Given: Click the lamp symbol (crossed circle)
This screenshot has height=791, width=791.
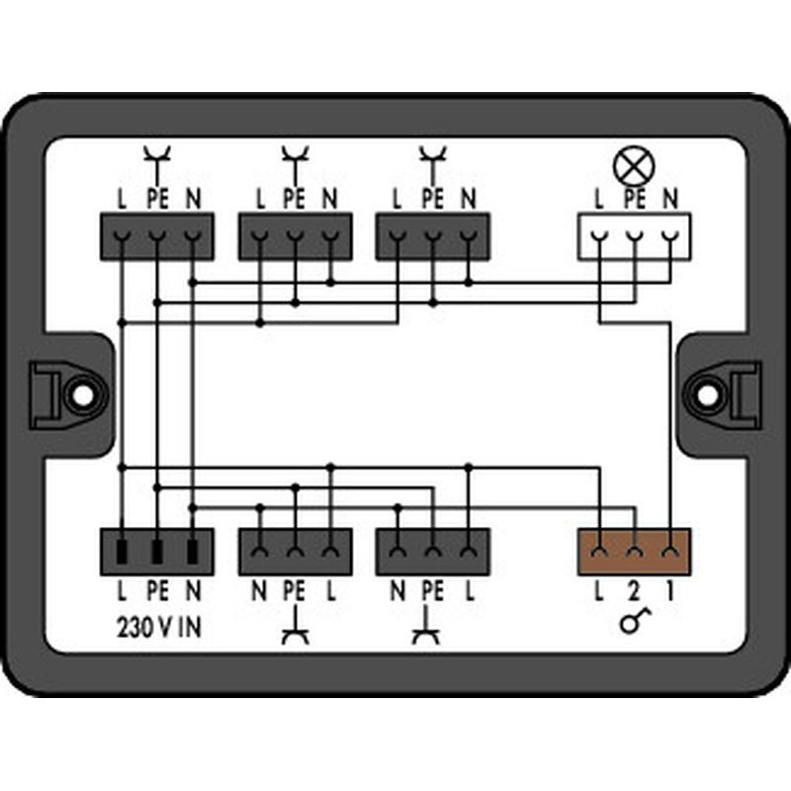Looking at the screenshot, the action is coord(634,166).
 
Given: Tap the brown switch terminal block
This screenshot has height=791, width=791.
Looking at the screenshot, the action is coord(634,552).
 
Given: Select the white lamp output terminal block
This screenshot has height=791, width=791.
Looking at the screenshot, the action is coord(634,236).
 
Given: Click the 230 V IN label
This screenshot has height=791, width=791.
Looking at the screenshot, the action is coord(159,628).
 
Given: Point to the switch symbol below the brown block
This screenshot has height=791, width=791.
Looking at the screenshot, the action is coord(635,621).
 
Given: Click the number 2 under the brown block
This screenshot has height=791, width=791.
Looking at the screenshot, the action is coord(634,591).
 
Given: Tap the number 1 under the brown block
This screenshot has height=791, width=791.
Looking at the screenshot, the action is coord(670,591).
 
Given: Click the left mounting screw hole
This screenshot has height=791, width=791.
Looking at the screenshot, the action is coord(81,395).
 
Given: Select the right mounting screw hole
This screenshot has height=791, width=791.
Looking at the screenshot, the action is coord(707,395).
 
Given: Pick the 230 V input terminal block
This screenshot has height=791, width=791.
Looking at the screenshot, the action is coord(157,552).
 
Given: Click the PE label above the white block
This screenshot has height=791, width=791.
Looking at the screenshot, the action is coord(635,199).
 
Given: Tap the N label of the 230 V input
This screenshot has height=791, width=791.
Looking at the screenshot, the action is coord(193,591).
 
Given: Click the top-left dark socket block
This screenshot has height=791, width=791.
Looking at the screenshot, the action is coord(157,236).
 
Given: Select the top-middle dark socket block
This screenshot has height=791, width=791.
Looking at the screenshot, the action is coord(295,236).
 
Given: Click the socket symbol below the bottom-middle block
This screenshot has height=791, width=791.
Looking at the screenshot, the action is coord(296,627).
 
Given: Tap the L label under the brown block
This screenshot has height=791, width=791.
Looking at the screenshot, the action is coord(599,591).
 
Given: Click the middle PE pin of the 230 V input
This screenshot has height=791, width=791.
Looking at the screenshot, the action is coord(157,552).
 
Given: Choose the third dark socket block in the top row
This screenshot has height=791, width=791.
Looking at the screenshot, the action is coord(433,236).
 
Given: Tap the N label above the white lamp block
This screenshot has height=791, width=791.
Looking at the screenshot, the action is coord(670,199).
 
